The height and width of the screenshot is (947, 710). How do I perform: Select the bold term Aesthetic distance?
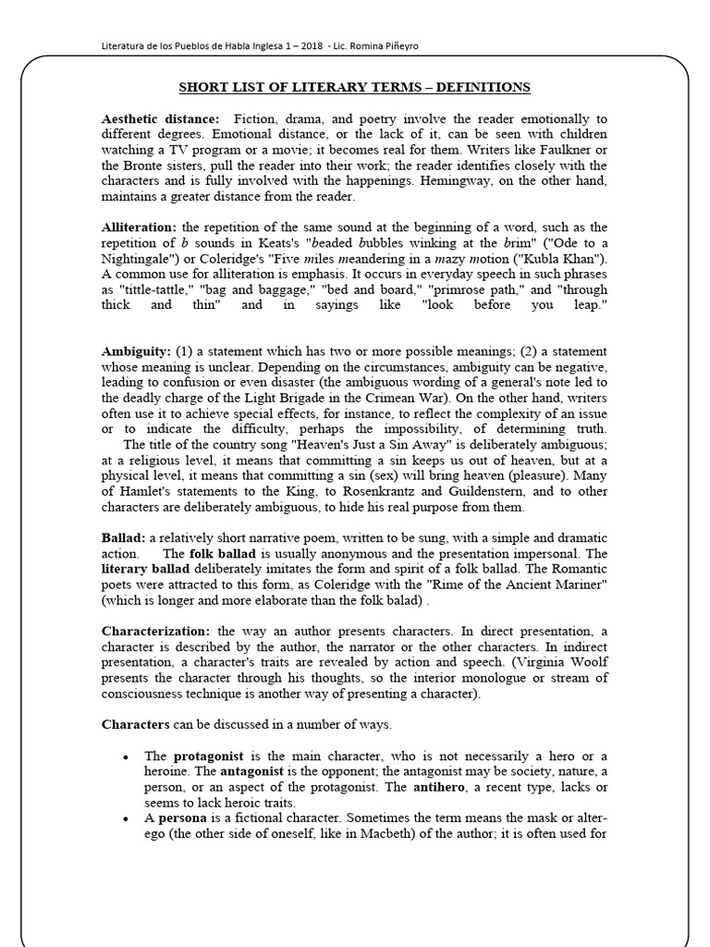[161, 118]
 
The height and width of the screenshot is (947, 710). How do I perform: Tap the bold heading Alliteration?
[139, 228]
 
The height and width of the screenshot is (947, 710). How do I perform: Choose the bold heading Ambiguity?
[135, 351]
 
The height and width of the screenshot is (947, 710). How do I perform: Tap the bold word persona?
[182, 818]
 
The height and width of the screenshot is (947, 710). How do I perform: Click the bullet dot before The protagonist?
[124, 756]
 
